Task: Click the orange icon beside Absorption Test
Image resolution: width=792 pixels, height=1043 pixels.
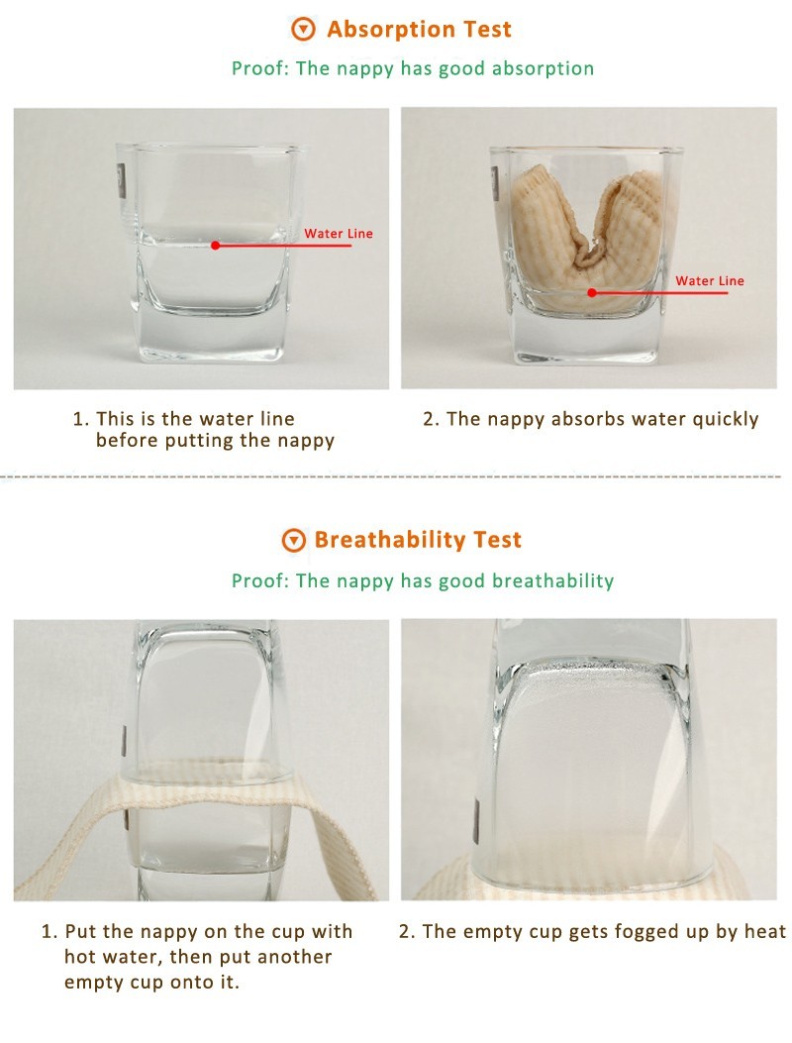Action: pyautogui.click(x=303, y=30)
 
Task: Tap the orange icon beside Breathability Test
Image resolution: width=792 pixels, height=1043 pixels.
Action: pyautogui.click(x=294, y=540)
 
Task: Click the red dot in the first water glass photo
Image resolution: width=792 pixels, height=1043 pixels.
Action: pyautogui.click(x=215, y=246)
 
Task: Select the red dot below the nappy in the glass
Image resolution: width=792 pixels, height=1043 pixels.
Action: pyautogui.click(x=592, y=292)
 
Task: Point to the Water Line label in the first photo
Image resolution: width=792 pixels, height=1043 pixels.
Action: pyautogui.click(x=339, y=234)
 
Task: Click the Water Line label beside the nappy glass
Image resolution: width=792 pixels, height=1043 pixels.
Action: pyautogui.click(x=710, y=280)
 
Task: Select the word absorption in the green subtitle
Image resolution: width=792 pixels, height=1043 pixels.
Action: pyautogui.click(x=543, y=69)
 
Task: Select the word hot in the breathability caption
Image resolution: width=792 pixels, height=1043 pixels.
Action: pyautogui.click(x=79, y=957)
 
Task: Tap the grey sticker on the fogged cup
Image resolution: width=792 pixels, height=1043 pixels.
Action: pyautogui.click(x=476, y=823)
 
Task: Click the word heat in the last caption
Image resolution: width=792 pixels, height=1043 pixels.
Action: pyautogui.click(x=764, y=932)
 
